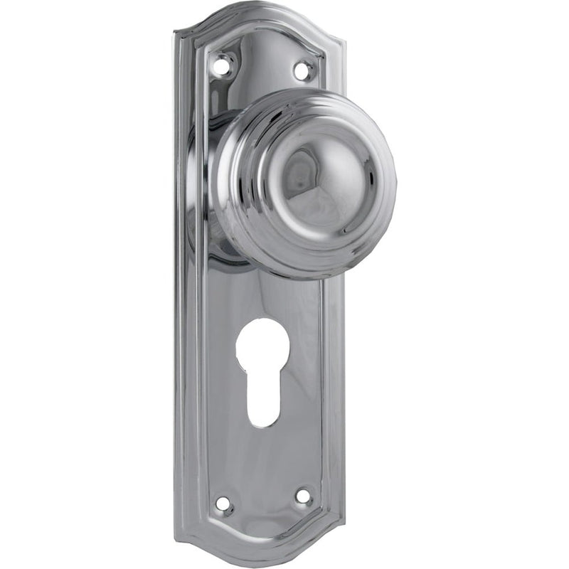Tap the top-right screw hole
tap(302, 70)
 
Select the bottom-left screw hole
tap(223, 504)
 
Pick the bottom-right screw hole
tap(304, 496)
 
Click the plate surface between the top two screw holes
tap(262, 64)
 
